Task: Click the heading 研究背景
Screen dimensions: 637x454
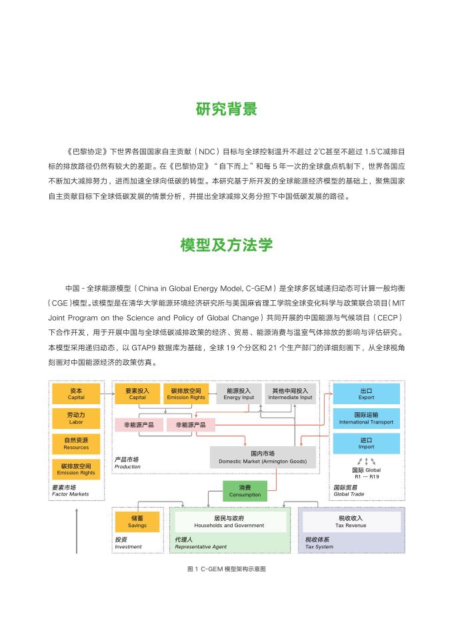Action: (x=227, y=109)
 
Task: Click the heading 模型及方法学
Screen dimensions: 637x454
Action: (x=227, y=245)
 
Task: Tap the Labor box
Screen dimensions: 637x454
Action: (x=76, y=418)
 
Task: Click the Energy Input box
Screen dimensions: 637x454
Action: (x=239, y=394)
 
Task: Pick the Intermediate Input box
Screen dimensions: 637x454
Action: (x=290, y=394)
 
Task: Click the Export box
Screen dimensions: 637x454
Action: (x=366, y=394)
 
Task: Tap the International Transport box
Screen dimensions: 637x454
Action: (x=366, y=418)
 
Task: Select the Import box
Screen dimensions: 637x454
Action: (x=366, y=444)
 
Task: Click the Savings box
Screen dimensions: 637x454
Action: (x=137, y=522)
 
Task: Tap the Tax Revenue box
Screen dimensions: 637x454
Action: (x=351, y=522)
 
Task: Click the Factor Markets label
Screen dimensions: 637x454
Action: (x=69, y=491)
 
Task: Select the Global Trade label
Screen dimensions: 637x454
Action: (x=349, y=491)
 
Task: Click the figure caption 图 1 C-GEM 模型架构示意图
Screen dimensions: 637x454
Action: (x=227, y=570)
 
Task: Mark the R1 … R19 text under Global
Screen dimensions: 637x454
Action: (x=367, y=476)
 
